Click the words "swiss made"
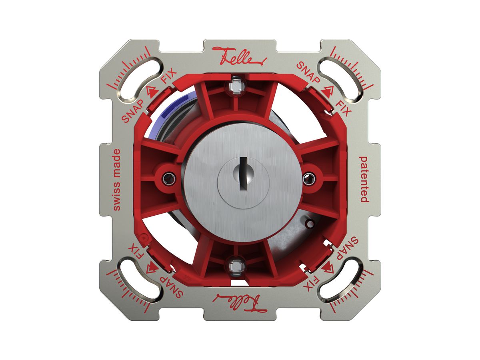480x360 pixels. tap(117, 180)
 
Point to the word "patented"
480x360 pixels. tap(364, 179)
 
